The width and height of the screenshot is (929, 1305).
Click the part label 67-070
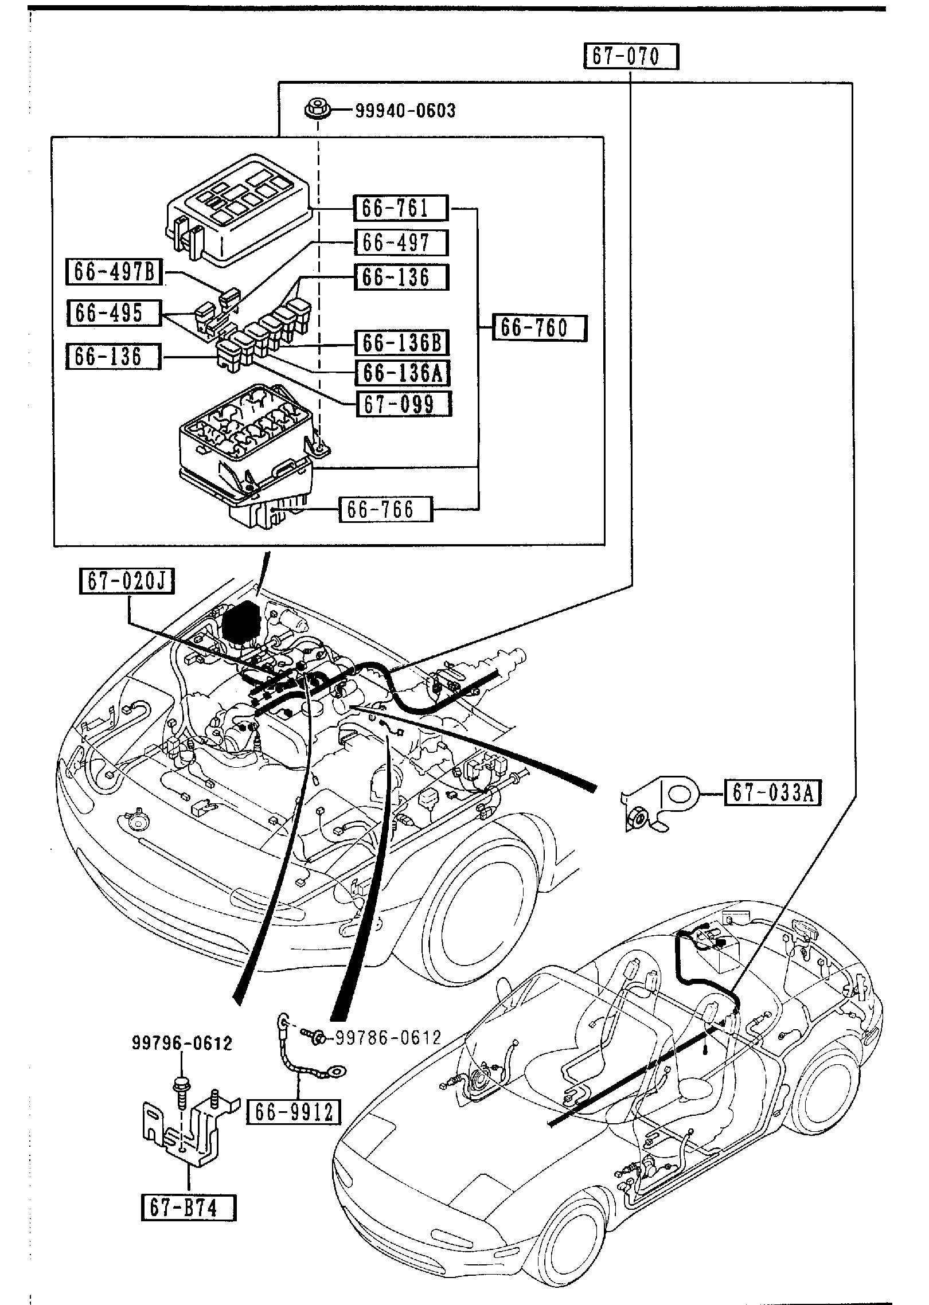point(631,57)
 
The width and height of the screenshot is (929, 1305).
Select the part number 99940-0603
point(405,110)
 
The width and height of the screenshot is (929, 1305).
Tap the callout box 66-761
point(400,208)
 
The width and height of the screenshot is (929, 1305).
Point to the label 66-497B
point(114,272)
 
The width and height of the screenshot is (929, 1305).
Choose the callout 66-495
point(114,313)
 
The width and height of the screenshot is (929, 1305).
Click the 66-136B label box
point(401,342)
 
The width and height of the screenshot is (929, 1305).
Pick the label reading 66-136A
point(401,373)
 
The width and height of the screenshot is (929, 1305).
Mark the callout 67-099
point(403,404)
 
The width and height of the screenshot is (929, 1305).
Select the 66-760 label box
point(540,328)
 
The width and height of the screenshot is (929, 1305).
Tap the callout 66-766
point(386,509)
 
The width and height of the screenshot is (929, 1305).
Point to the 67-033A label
point(772,793)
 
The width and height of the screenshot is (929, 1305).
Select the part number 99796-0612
point(182,1044)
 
